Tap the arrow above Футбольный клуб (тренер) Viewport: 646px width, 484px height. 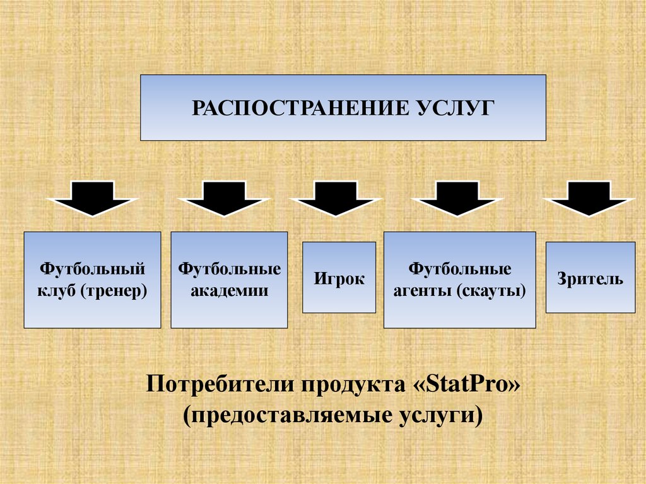click(x=92, y=198)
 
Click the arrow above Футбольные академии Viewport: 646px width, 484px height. click(x=225, y=198)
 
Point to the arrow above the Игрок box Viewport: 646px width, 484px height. click(x=336, y=198)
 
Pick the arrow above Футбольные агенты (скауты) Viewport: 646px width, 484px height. click(x=458, y=198)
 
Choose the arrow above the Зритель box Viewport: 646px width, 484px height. click(x=589, y=198)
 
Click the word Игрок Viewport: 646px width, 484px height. click(x=339, y=279)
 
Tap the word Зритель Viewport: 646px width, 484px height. click(x=590, y=278)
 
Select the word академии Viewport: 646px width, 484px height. click(x=229, y=291)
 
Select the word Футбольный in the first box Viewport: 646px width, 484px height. click(x=93, y=269)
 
